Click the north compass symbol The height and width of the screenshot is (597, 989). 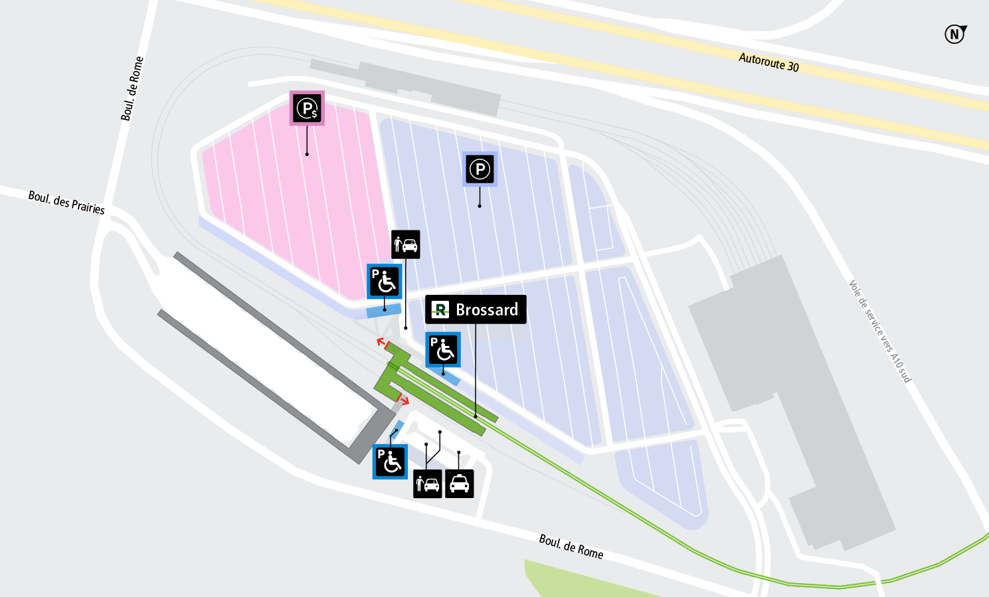point(955,34)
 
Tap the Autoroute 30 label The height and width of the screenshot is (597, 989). point(768,62)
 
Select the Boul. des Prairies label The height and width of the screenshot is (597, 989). point(66,203)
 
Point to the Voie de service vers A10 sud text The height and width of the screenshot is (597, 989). point(880,331)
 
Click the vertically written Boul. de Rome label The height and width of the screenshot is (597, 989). point(132,88)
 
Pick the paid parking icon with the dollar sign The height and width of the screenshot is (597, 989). point(307,108)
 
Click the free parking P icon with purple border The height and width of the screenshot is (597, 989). point(480,169)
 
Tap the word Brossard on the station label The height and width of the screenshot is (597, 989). point(487,310)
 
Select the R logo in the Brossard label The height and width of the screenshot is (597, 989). point(440,309)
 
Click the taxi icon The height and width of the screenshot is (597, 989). point(459,483)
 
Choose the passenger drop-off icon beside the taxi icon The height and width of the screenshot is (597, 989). point(427,483)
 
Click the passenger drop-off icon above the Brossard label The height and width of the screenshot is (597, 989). point(405,244)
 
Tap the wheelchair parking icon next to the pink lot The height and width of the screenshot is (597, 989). point(384,282)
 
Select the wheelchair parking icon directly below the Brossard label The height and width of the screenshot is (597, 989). point(443,350)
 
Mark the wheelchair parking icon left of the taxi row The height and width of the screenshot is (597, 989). point(390,462)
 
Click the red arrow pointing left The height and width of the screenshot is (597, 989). point(381,342)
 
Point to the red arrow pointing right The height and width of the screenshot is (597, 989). point(403,400)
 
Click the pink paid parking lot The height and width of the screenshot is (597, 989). point(299,199)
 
